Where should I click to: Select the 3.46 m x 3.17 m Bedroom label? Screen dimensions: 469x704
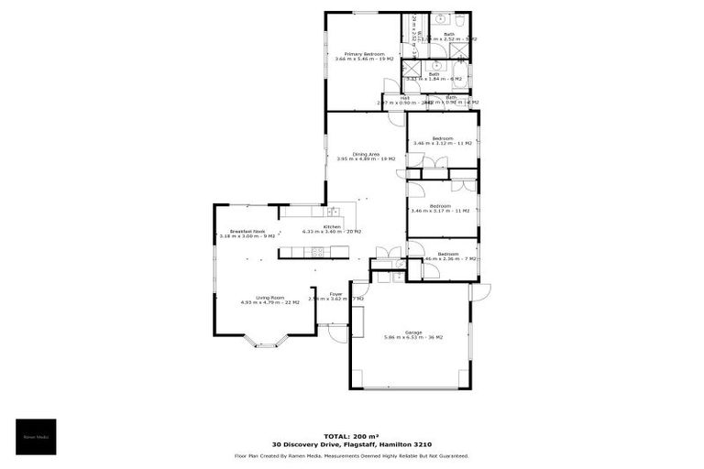pyautogui.click(x=443, y=208)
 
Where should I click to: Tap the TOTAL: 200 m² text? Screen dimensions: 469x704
pyautogui.click(x=352, y=436)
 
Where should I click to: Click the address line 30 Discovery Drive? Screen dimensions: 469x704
pyautogui.click(x=352, y=445)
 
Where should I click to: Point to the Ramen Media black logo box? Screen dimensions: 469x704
pyautogui.click(x=36, y=437)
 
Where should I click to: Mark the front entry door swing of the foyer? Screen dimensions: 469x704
pyautogui.click(x=337, y=332)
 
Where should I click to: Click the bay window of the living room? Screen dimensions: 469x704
pyautogui.click(x=266, y=343)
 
